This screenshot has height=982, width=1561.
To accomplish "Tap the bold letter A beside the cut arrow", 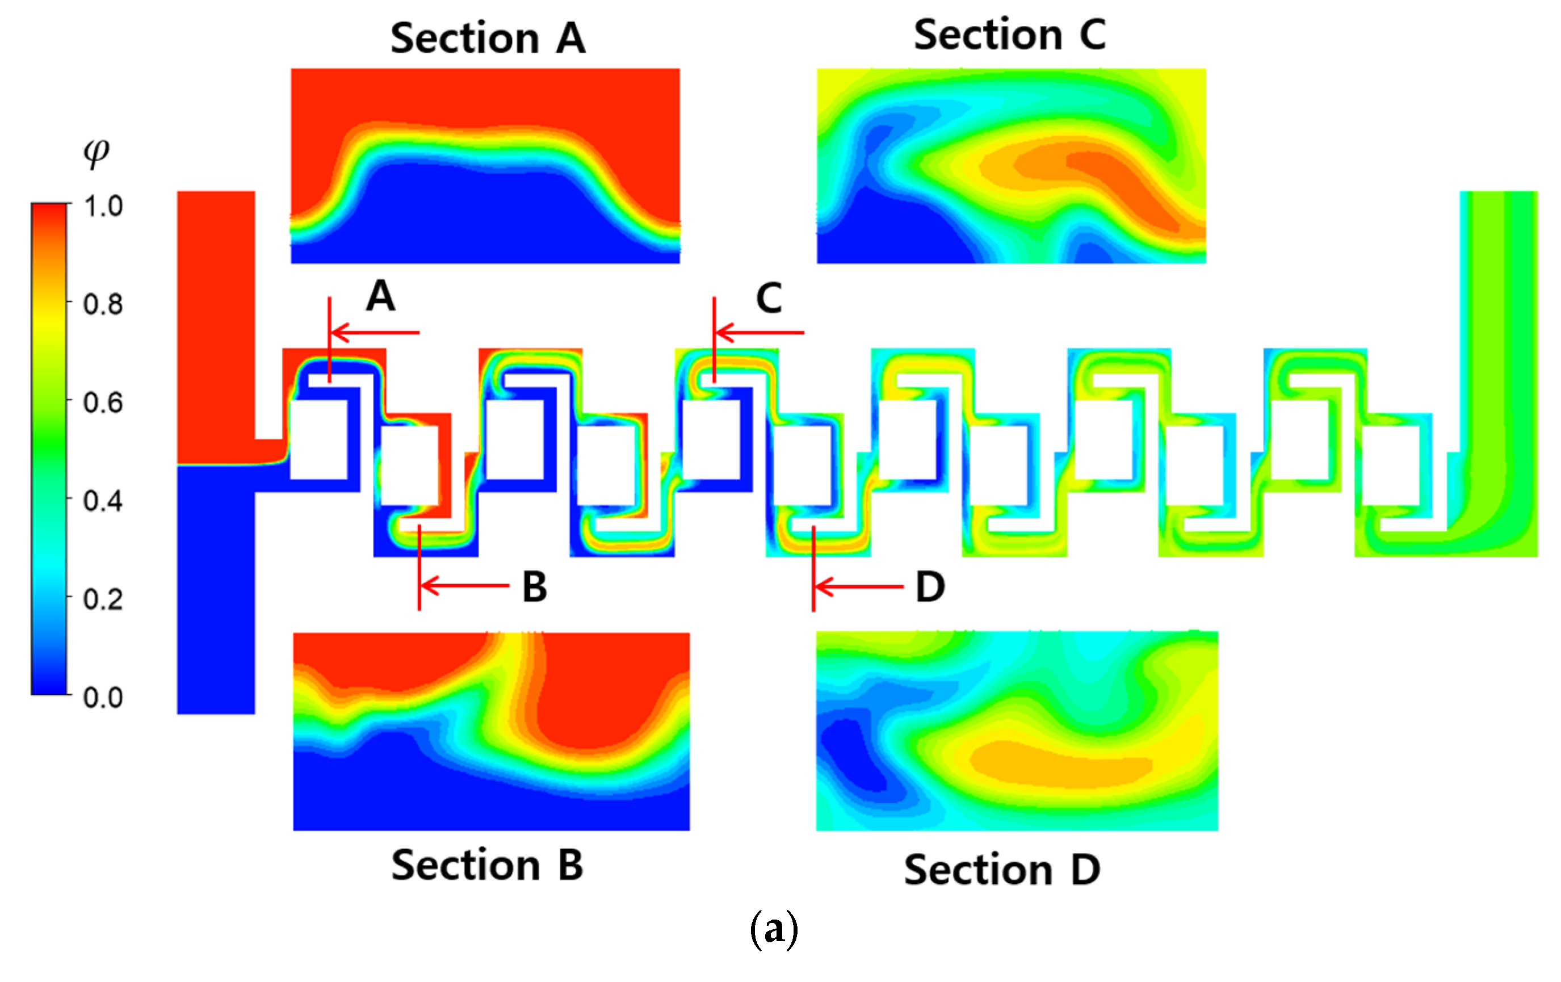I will [380, 297].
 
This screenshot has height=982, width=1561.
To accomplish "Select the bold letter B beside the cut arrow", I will [535, 587].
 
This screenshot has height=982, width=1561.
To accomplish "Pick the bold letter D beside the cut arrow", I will [930, 587].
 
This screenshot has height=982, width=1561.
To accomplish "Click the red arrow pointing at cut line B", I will [464, 585].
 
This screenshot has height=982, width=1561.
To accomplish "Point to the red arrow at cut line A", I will [375, 333].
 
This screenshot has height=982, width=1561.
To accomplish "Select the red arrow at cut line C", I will [759, 333].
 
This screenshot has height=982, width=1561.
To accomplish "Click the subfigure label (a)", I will [773, 930].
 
